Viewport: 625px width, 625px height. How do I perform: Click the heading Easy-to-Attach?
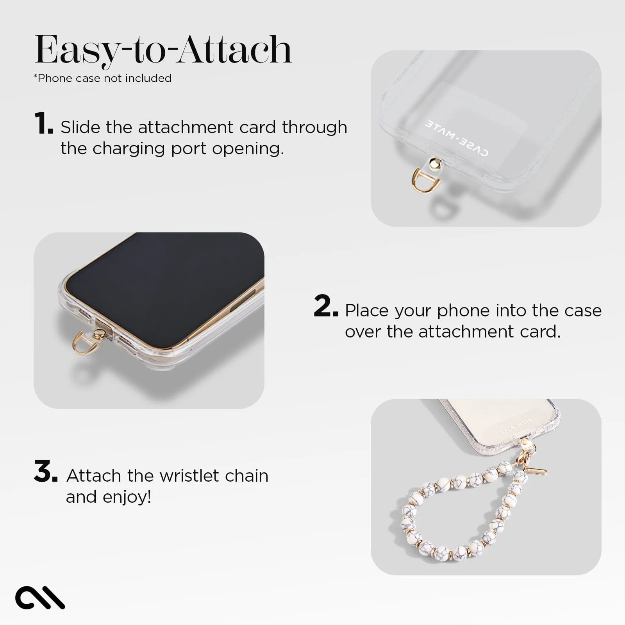point(163,50)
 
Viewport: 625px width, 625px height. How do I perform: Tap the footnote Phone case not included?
point(102,78)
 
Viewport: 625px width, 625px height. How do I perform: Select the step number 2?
point(325,307)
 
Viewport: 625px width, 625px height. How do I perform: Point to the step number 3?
point(45,471)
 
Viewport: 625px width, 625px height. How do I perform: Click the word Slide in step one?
point(80,127)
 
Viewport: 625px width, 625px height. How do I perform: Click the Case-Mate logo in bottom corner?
point(40,597)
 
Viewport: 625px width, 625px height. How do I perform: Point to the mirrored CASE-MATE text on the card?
point(456,138)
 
